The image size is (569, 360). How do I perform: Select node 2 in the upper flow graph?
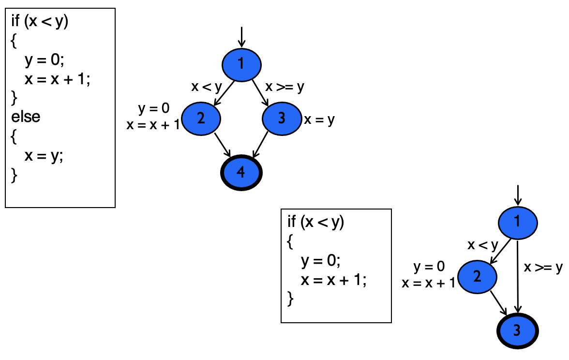201,118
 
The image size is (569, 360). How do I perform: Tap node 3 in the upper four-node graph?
282,118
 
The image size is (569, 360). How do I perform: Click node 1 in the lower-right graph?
518,222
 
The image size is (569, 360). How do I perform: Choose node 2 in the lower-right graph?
477,276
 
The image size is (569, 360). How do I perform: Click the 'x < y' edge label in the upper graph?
206,87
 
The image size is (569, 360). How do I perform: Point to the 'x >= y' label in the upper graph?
285,87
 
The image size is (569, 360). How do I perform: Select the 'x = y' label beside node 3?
319,120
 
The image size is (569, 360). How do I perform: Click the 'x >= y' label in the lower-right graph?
543,267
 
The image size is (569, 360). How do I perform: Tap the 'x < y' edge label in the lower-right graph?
482,245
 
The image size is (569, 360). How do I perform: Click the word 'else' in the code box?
26,117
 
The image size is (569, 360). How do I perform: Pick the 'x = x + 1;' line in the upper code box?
58,79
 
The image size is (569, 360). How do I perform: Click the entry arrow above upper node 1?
241,38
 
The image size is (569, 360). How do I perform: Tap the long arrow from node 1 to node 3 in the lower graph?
518,276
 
